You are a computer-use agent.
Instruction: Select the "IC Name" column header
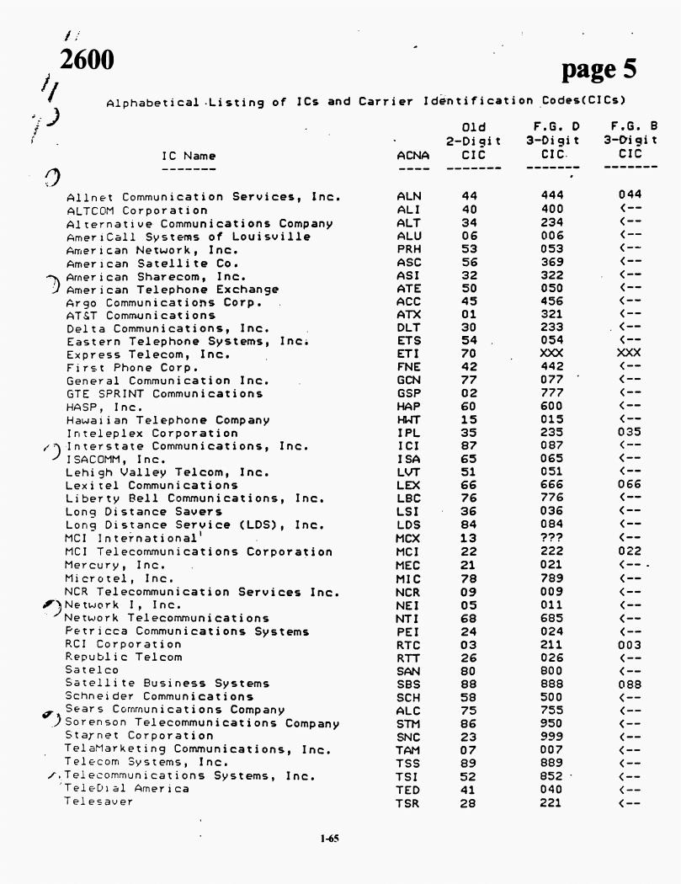point(189,155)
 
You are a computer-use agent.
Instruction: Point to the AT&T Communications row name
point(141,316)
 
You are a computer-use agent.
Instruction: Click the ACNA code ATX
point(408,316)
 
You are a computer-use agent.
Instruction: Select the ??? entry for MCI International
point(553,538)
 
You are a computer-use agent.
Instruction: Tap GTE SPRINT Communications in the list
point(164,394)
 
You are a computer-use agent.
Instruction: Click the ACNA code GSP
point(408,394)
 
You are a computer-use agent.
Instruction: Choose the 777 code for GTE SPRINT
point(553,394)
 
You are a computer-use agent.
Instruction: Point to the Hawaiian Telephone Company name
point(168,420)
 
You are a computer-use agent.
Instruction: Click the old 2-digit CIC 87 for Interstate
point(470,446)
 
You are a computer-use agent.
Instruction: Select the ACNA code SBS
point(408,683)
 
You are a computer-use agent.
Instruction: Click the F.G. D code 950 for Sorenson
point(553,722)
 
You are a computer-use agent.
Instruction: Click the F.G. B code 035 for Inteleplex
point(630,434)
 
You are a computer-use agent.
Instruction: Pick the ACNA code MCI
point(408,551)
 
